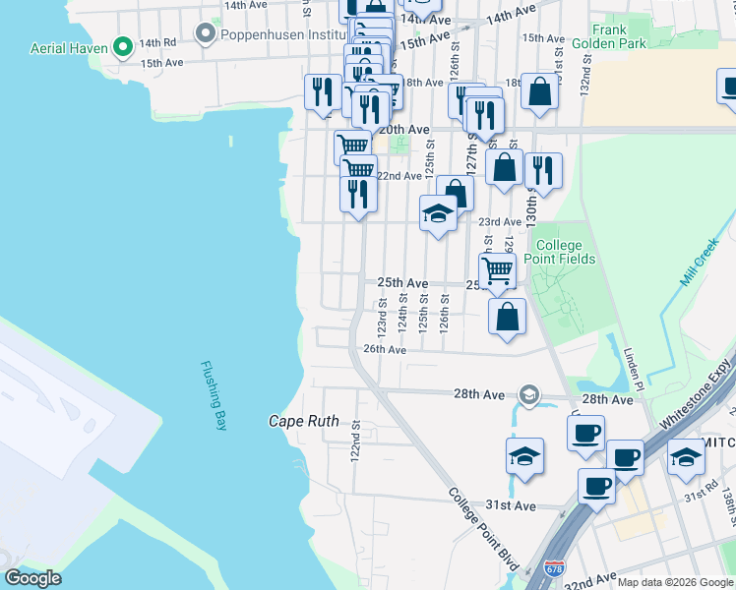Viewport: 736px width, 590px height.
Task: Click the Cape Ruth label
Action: tap(303, 421)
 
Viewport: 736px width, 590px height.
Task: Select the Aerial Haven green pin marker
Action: tap(123, 45)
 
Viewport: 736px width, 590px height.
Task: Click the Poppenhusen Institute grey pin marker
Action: tap(206, 34)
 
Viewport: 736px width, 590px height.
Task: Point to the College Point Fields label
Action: tap(565, 252)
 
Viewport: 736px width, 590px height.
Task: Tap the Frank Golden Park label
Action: tap(624, 37)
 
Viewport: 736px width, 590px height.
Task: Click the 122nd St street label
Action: tap(356, 442)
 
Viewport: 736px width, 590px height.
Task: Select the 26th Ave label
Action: tap(385, 349)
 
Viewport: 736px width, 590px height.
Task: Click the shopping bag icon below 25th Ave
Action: tap(507, 317)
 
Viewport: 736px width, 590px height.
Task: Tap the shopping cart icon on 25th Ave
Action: tap(498, 269)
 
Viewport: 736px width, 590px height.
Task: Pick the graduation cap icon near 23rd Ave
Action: tap(438, 213)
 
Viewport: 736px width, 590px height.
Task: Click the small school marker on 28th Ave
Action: tap(529, 395)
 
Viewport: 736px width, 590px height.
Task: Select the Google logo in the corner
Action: tap(32, 578)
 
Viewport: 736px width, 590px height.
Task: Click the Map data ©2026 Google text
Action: tap(675, 582)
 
